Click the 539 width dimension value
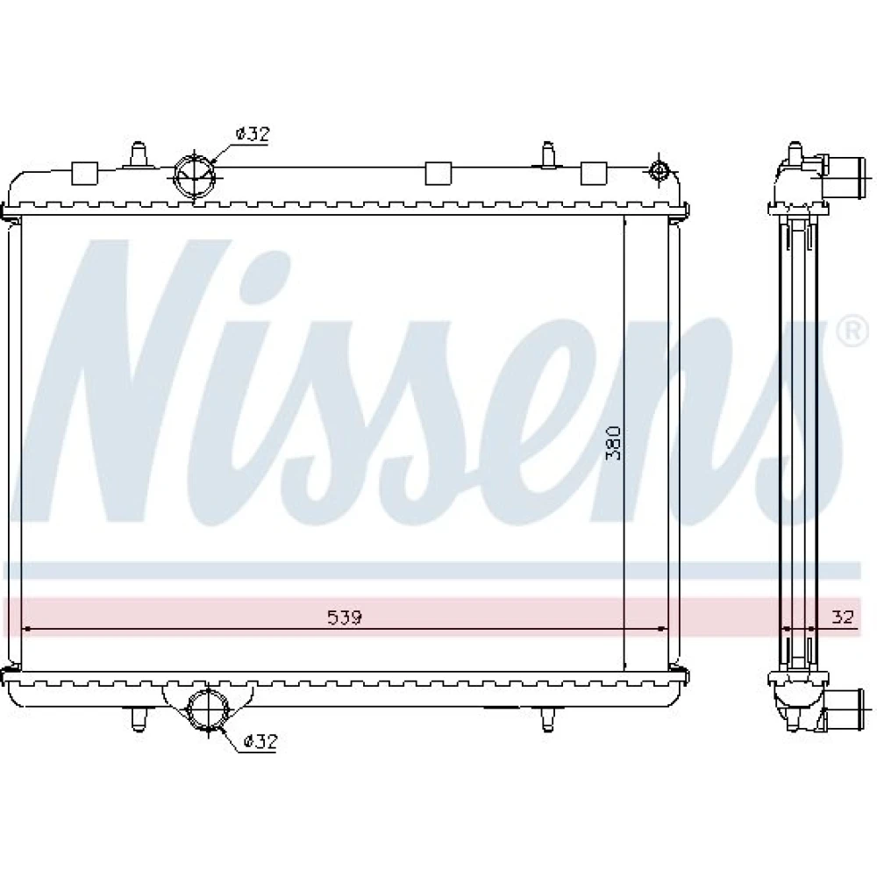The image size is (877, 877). pyautogui.click(x=345, y=617)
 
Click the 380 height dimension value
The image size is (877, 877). pyautogui.click(x=614, y=443)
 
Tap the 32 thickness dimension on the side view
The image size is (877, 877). pyautogui.click(x=843, y=617)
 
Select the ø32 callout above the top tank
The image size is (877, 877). pyautogui.click(x=253, y=134)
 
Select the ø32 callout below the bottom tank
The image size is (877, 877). pyautogui.click(x=260, y=742)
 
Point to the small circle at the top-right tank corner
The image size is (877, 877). pyautogui.click(x=659, y=169)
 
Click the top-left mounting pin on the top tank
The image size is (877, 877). pyautogui.click(x=138, y=155)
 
